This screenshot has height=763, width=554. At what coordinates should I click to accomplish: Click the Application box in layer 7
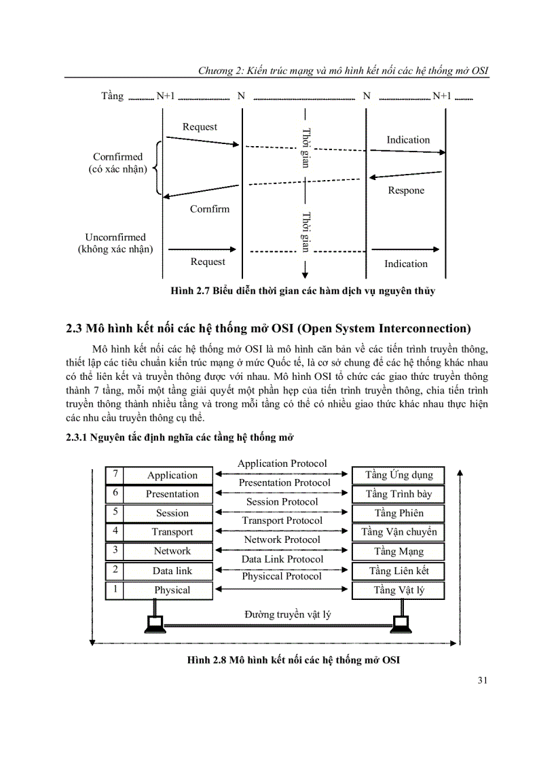click(172, 476)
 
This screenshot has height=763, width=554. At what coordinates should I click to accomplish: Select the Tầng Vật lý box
click(399, 590)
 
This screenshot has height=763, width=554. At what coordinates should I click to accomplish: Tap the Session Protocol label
click(282, 501)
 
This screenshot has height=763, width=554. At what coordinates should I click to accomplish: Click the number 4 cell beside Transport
click(115, 531)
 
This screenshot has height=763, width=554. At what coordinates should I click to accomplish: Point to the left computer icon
click(155, 622)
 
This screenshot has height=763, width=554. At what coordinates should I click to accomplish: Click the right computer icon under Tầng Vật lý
click(401, 622)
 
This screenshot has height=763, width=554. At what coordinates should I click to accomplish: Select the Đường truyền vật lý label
click(288, 614)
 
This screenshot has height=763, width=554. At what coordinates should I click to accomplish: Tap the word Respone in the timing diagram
click(406, 191)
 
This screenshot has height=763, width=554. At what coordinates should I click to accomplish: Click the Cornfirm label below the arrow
click(210, 209)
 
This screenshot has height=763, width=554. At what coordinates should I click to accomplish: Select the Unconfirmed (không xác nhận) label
click(115, 243)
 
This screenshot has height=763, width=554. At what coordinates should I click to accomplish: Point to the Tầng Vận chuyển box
click(399, 532)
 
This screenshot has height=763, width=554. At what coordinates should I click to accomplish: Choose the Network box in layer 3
click(172, 551)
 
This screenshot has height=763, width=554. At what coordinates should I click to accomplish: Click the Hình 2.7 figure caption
click(303, 291)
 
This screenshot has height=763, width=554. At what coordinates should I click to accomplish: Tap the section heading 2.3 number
click(74, 329)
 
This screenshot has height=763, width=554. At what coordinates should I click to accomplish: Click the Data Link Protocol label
click(282, 558)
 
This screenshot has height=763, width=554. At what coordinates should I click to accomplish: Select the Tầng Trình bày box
click(399, 494)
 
